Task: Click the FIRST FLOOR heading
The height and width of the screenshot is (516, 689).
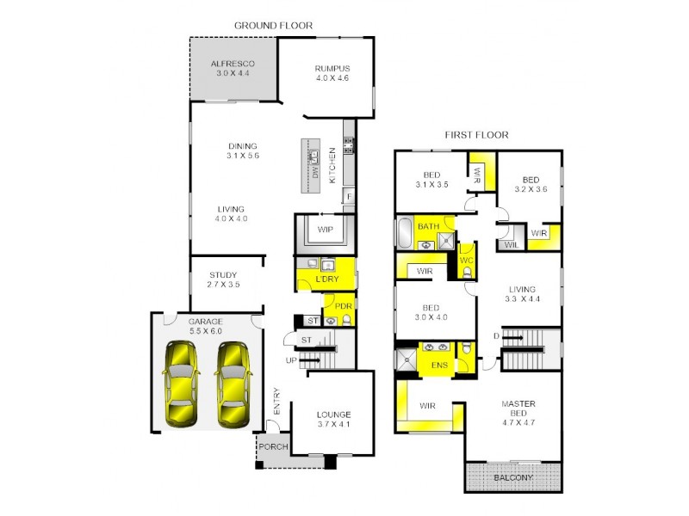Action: pos(476,135)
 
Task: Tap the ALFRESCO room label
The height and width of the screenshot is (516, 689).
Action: pos(233,64)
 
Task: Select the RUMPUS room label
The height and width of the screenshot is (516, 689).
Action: pos(332,69)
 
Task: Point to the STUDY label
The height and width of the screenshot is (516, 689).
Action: pos(222,276)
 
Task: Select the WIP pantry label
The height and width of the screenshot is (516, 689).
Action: pos(326,230)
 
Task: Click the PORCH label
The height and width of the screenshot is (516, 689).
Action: pos(274,447)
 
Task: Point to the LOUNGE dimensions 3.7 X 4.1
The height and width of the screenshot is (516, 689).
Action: pos(333,424)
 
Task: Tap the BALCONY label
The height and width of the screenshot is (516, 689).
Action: pos(513,477)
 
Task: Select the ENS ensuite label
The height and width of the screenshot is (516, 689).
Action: pos(438,365)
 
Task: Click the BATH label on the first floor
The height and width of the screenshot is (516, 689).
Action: pos(429,226)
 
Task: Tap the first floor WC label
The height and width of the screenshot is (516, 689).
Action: pos(466,260)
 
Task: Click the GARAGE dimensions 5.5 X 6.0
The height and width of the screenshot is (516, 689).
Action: pos(205,331)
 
